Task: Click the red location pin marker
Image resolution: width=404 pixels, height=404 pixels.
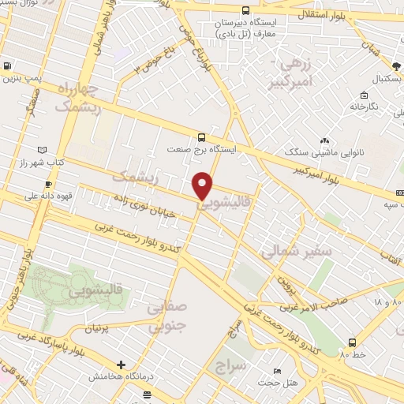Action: (x=203, y=185)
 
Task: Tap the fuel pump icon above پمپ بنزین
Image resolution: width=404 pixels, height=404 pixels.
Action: (x=7, y=66)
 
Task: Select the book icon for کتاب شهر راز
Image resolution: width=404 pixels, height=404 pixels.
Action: (x=42, y=149)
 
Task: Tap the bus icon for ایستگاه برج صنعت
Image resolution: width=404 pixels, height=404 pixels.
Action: (x=202, y=136)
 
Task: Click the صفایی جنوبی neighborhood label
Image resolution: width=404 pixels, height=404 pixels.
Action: (x=168, y=315)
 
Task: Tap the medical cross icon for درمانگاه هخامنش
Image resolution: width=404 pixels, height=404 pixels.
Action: (x=120, y=365)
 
